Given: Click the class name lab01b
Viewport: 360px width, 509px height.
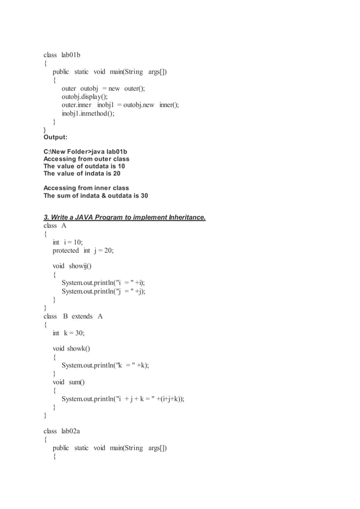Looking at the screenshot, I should [x=71, y=55].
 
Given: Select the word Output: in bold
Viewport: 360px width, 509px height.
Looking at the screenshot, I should [x=55, y=137].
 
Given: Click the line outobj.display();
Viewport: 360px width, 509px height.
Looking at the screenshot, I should [x=85, y=96].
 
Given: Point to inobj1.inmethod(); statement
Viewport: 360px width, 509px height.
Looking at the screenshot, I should [x=88, y=113].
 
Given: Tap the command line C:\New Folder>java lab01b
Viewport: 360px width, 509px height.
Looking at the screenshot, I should [x=85, y=152].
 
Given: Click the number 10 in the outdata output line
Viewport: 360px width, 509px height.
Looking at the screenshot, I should [x=121, y=166].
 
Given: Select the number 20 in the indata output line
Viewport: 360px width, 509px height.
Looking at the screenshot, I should [x=116, y=174].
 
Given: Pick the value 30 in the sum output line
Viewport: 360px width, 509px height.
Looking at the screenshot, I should [x=144, y=196].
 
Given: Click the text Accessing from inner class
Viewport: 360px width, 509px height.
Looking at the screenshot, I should [x=86, y=188].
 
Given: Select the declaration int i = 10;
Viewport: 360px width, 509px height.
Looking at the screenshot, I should [x=68, y=242].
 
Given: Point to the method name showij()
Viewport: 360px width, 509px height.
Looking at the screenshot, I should [x=80, y=266].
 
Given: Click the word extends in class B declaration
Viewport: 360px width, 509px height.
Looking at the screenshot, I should [x=82, y=317].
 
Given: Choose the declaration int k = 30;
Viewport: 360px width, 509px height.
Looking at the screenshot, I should [x=69, y=334].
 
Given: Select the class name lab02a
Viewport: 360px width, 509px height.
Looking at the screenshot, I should [x=71, y=431].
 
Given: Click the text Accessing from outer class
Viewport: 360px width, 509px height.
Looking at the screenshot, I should [x=86, y=159].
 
